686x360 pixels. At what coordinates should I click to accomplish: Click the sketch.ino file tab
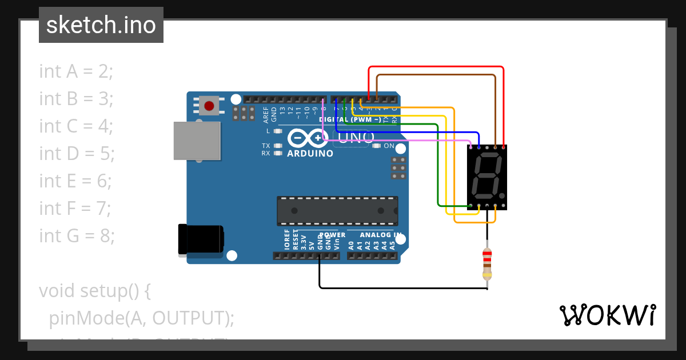click(x=101, y=25)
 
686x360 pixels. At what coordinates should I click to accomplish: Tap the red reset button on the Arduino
click(x=209, y=106)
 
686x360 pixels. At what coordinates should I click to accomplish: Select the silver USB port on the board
click(x=197, y=141)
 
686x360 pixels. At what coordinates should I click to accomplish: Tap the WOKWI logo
click(x=607, y=315)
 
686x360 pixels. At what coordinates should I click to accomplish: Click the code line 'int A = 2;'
click(x=76, y=71)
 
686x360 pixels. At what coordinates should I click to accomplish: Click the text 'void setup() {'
click(x=95, y=290)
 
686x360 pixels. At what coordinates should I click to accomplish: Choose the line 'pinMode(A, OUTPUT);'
click(x=142, y=318)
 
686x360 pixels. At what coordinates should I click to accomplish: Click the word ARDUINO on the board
click(x=310, y=154)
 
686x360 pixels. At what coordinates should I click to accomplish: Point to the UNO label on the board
click(x=356, y=137)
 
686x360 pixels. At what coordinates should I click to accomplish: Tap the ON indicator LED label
click(x=389, y=146)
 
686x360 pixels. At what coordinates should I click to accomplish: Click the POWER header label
click(x=332, y=235)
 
